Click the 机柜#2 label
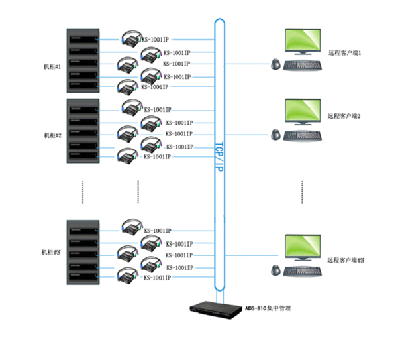52,135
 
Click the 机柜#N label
52,253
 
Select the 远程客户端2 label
344,116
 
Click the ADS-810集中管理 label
268,308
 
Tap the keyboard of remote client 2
305,135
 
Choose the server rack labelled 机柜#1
83,62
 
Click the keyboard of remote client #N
305,272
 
